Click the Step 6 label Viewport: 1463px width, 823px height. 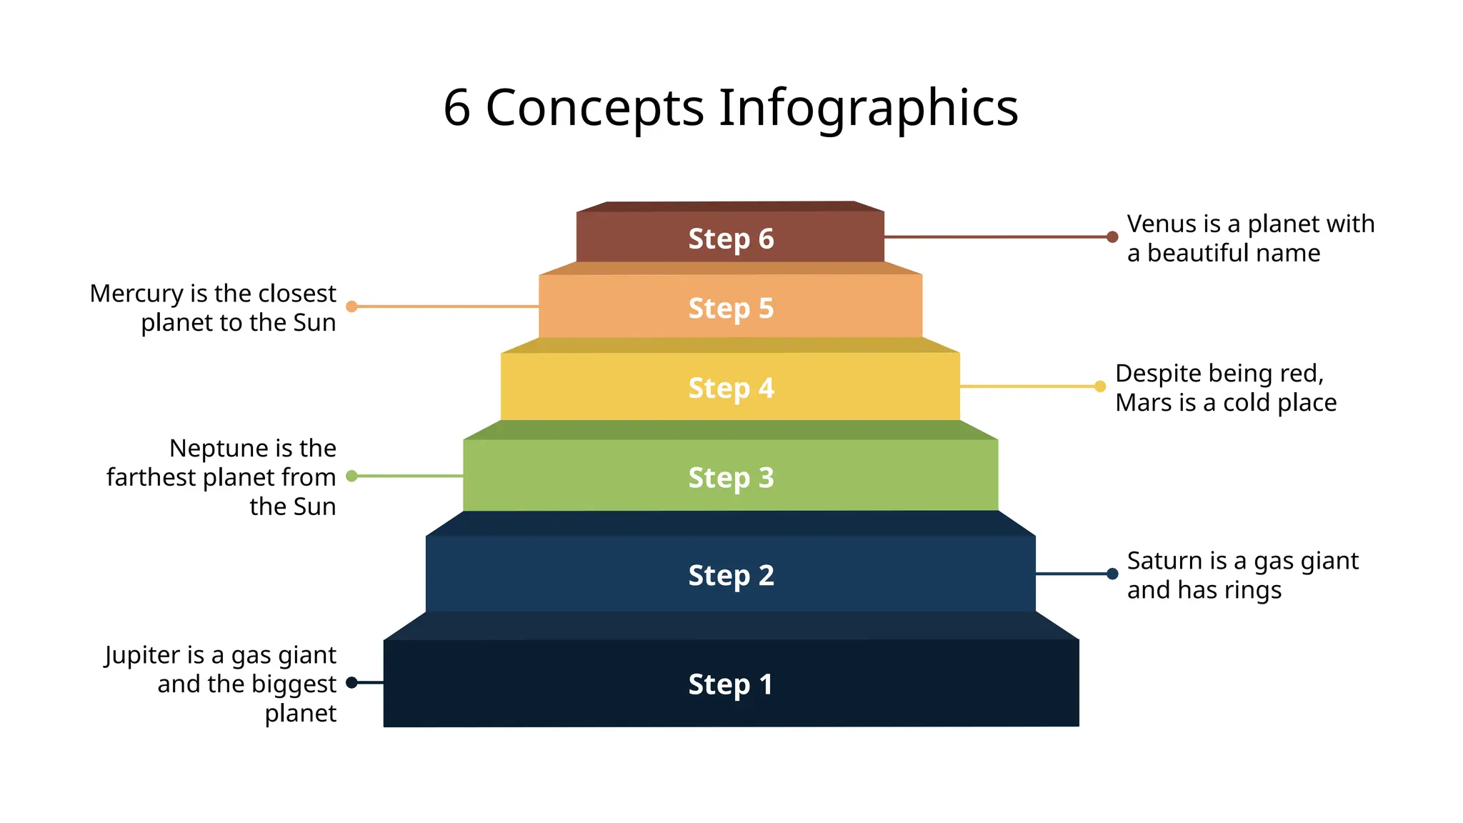coord(731,239)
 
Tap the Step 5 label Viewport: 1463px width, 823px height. coord(731,308)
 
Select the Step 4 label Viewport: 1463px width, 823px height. coord(731,388)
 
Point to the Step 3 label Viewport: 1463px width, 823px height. coord(731,477)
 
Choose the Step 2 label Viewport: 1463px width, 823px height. coord(731,575)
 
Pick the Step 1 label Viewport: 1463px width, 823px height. coord(731,684)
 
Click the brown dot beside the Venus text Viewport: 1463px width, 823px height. coord(1112,236)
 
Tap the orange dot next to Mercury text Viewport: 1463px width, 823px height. coord(351,306)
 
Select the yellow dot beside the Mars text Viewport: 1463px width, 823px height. coord(1100,386)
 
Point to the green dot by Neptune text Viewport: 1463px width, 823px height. coord(351,476)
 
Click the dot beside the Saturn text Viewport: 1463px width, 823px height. coord(1112,574)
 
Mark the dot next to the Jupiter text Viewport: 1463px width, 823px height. coord(351,683)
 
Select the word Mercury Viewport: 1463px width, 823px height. coord(136,294)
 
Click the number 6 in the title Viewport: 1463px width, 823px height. coord(457,108)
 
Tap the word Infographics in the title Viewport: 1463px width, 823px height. coord(868,108)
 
